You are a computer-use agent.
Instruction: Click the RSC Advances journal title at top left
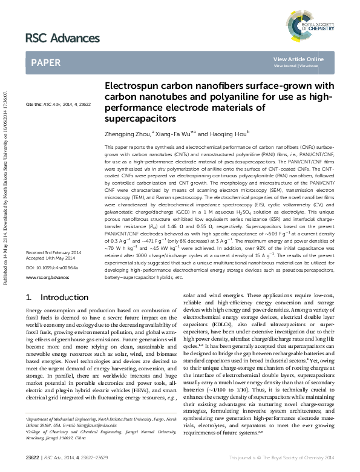coord(62,38)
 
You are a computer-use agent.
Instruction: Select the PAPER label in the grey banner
coord(45,62)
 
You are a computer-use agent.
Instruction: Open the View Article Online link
coord(298,59)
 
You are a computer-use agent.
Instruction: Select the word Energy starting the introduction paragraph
coord(35,310)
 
